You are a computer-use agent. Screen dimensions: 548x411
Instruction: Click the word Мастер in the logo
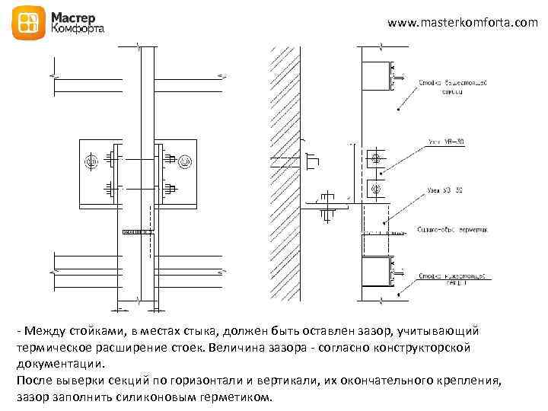(x=74, y=16)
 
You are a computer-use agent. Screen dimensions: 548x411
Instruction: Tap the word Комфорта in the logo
(x=78, y=30)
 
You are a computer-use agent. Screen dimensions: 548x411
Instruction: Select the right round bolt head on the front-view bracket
(x=184, y=161)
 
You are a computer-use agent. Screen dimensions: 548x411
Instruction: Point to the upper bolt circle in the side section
(x=374, y=159)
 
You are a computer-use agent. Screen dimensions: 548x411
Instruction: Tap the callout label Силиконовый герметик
(x=452, y=228)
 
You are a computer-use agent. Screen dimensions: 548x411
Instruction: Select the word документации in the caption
(x=58, y=362)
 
